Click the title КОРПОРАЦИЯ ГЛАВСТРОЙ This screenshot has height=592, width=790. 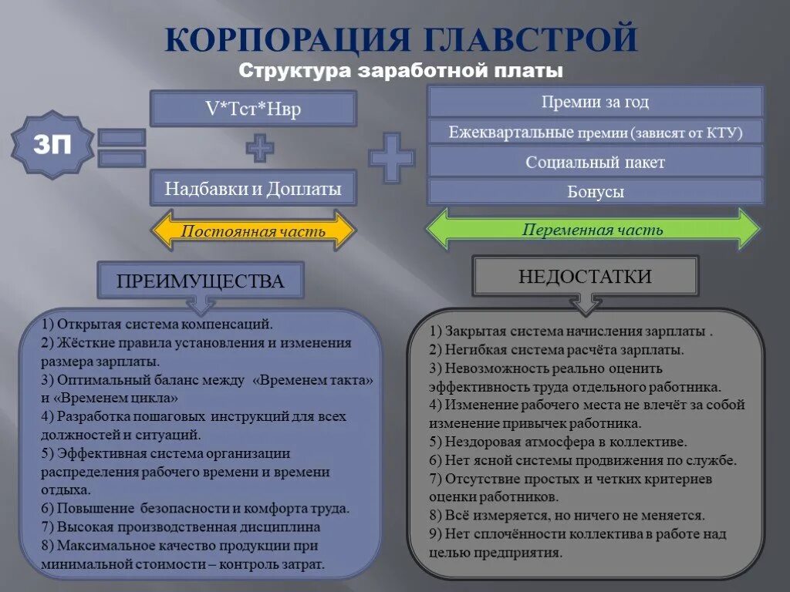click(400, 39)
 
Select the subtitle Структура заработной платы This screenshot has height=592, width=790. click(400, 71)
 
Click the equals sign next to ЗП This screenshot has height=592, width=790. click(121, 148)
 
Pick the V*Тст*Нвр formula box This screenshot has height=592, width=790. click(253, 109)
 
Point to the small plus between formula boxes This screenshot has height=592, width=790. click(259, 147)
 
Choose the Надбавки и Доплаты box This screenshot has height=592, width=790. click(253, 189)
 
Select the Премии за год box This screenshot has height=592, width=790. click(595, 102)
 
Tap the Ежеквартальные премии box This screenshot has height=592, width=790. click(595, 132)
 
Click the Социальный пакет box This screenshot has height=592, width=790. click(595, 162)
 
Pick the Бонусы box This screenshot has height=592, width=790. click(595, 192)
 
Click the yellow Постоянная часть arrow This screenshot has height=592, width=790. click(253, 230)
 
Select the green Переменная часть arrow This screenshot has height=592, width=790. click(593, 229)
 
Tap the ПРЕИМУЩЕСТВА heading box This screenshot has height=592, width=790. click(200, 281)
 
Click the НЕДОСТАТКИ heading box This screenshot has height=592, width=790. click(585, 277)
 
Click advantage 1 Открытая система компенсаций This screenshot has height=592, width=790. click(158, 325)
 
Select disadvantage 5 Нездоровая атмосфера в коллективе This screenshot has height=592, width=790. click(559, 442)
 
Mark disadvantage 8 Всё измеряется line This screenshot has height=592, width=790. click(567, 516)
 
